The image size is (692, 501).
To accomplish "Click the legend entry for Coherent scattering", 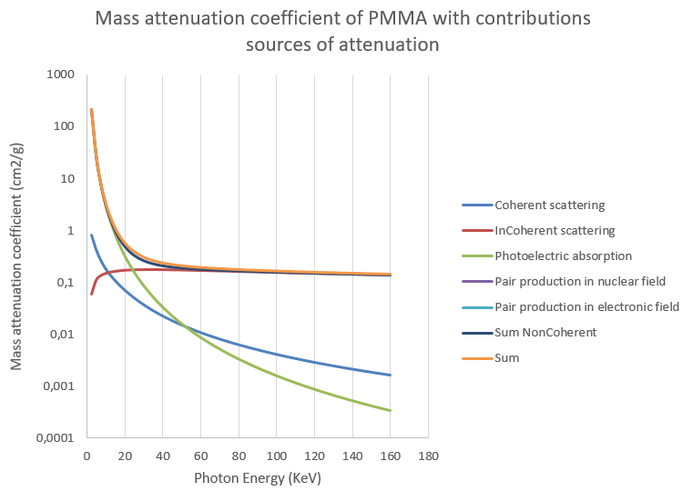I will [x=549, y=205].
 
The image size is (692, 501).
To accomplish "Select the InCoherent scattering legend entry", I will [x=554, y=230].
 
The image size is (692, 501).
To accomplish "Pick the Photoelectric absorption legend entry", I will [x=563, y=256].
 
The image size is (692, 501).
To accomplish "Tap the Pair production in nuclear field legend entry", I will [x=580, y=281].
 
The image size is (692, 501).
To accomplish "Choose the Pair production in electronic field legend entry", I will [x=586, y=306].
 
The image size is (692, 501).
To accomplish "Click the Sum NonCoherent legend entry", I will [x=545, y=332].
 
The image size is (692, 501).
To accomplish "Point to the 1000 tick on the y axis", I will [x=60, y=74].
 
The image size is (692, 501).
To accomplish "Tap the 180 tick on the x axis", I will [x=428, y=456].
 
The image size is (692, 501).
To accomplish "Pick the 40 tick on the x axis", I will [x=162, y=456].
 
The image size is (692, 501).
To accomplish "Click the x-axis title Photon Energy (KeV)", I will [x=258, y=478].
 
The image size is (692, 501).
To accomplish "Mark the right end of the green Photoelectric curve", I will [x=391, y=410].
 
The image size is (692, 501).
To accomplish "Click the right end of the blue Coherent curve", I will [x=391, y=375].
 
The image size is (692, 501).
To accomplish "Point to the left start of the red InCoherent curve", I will [x=91, y=293].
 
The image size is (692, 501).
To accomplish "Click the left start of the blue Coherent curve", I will [x=91, y=235].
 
